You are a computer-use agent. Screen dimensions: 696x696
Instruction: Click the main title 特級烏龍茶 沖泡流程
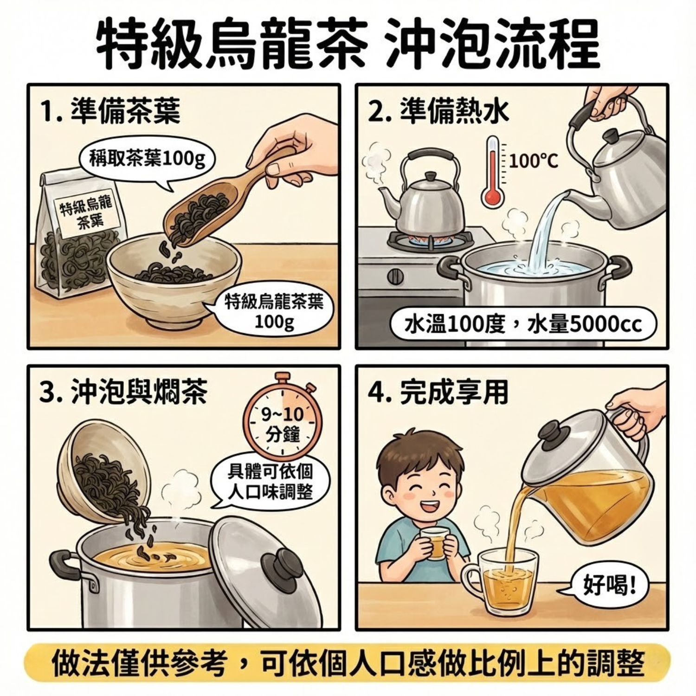click(x=348, y=44)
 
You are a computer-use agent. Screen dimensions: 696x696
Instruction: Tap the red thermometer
click(x=493, y=172)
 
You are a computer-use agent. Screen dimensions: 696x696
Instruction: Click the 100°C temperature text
click(x=534, y=161)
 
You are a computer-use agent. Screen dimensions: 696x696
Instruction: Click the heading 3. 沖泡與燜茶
click(x=123, y=393)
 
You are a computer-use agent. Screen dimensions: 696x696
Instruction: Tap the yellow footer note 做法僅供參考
click(x=348, y=664)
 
